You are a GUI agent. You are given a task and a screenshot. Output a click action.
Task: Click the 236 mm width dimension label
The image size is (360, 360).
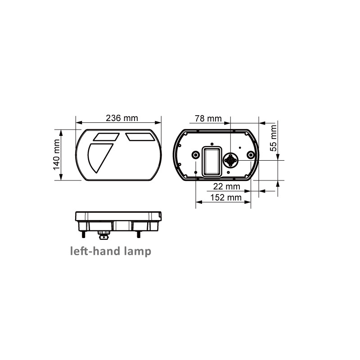coord(121,118)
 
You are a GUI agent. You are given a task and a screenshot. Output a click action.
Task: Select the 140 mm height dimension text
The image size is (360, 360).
coord(57,154)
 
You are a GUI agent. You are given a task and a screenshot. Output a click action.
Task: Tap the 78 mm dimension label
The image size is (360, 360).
coord(208,118)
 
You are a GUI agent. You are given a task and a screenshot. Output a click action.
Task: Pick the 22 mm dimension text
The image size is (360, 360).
coord(227,186)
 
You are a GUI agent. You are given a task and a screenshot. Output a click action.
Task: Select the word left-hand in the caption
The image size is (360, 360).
coord(95,251)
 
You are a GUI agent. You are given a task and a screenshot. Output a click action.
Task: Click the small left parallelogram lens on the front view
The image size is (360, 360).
coord(106,136)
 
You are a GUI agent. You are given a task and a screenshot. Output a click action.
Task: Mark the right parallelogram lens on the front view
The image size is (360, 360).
coord(140,136)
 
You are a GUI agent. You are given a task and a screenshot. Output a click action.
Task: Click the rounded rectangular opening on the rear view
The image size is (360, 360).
coord(212,161)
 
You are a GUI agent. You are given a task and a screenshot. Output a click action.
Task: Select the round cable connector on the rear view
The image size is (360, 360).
coord(231,160)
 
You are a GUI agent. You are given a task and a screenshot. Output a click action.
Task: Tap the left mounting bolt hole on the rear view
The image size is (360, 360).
coord(196,155)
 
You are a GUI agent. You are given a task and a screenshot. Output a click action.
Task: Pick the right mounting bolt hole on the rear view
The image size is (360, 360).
coord(251,155)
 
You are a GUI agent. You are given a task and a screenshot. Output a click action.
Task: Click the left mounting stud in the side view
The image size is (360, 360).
coord(83,234)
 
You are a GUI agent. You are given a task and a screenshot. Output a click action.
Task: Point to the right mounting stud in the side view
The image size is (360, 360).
coord(139,234)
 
